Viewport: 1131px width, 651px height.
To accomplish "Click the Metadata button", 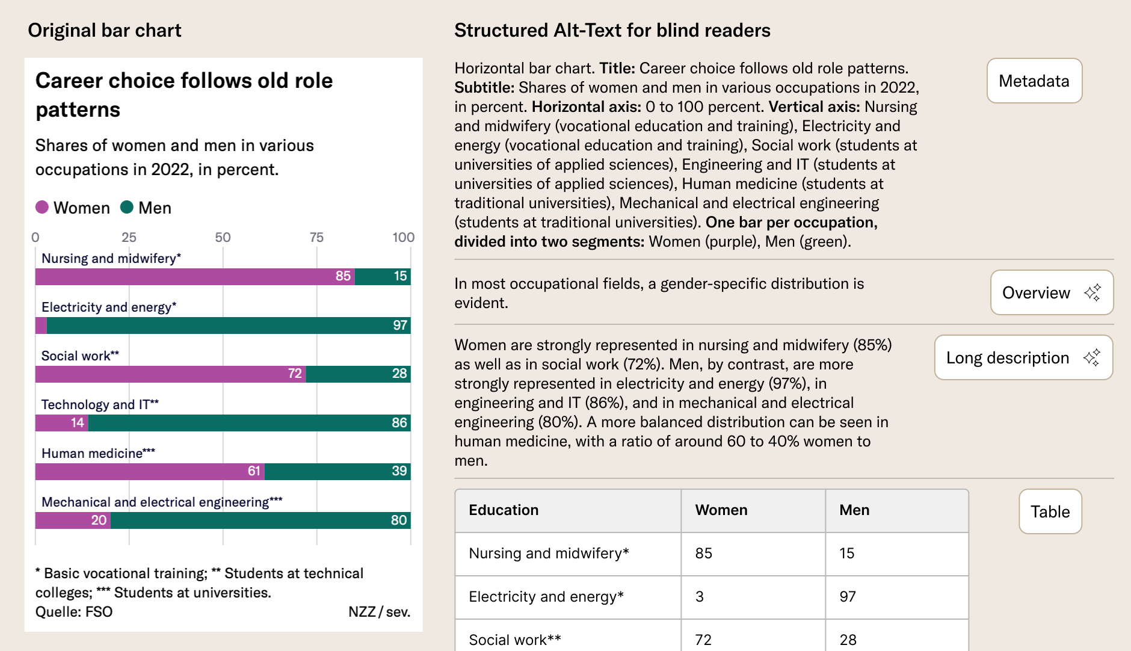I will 1034,81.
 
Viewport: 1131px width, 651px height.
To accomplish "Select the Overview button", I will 1051,292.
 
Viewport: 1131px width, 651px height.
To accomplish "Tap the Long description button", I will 1023,357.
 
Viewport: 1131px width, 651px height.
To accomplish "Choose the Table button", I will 1050,511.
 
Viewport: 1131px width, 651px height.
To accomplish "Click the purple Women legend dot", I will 42,207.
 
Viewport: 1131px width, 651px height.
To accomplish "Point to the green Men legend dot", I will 126,207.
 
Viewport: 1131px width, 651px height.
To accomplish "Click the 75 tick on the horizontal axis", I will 316,237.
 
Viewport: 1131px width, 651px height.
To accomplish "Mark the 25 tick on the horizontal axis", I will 129,237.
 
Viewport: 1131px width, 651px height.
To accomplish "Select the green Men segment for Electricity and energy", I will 229,325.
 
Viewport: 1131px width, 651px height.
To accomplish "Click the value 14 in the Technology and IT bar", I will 78,423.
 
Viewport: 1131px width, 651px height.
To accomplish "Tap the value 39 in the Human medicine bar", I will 399,471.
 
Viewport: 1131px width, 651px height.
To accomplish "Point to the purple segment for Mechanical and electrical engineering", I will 72,520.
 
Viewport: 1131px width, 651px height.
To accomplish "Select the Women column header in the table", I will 721,510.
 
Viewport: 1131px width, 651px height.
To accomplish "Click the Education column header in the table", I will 504,510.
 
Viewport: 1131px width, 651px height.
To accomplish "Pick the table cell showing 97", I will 848,597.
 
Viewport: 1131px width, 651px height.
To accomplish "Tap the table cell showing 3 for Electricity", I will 700,597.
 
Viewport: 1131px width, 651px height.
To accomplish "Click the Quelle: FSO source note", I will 74,612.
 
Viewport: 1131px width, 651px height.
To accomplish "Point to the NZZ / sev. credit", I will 379,612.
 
